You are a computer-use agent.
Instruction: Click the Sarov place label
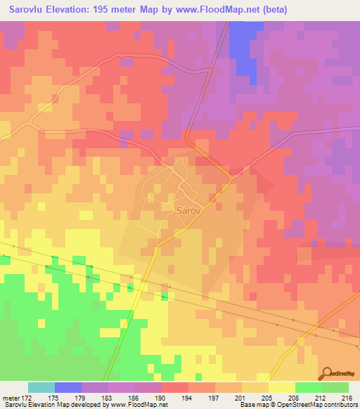(187, 209)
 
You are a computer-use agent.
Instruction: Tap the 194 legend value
(202, 397)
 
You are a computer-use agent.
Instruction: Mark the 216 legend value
(346, 397)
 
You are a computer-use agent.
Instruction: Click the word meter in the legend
(11, 397)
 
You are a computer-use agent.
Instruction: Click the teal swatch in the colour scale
(41, 387)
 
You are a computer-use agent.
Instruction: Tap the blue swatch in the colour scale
(68, 387)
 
